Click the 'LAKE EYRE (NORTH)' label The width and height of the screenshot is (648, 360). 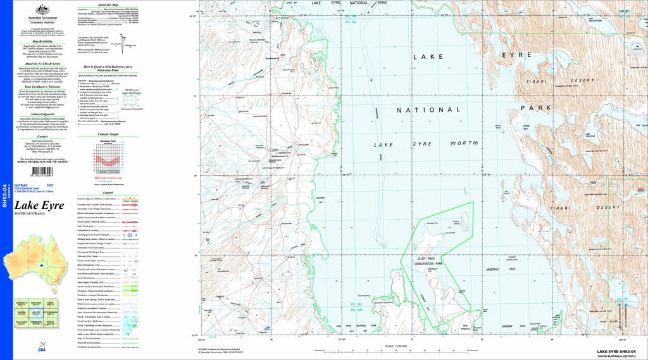pyautogui.click(x=425, y=144)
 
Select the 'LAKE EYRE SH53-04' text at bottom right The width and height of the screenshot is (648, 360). pyautogui.click(x=620, y=351)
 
